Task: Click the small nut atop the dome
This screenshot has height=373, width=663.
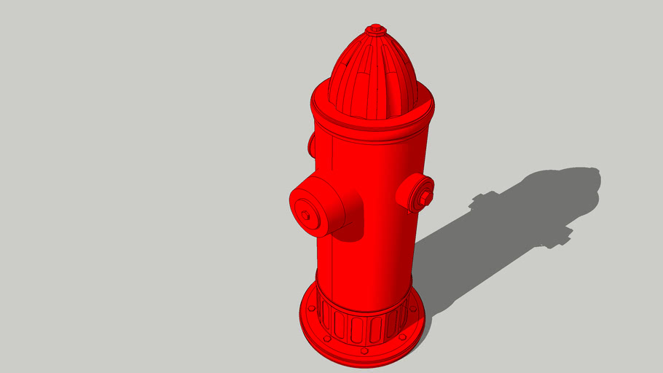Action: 375,30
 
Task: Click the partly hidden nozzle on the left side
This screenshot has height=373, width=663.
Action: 312,145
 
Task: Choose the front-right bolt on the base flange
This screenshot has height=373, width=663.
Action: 403,337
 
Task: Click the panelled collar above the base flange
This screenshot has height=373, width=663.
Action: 361,324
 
